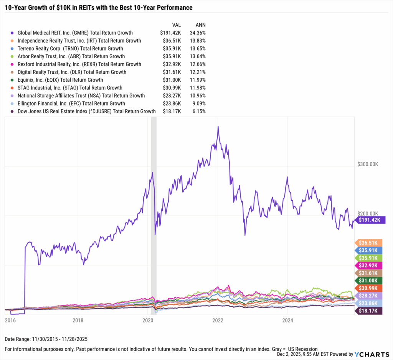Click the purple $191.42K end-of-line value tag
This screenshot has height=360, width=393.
point(369,220)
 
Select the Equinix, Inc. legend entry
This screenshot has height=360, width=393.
point(60,80)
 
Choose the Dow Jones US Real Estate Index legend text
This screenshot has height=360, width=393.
point(86,111)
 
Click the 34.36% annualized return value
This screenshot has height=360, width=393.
point(198,33)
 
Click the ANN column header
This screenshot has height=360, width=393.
point(200,25)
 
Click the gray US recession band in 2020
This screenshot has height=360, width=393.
point(154,215)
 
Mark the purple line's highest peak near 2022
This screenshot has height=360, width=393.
point(218,127)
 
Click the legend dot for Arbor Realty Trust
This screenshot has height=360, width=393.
point(12,56)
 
